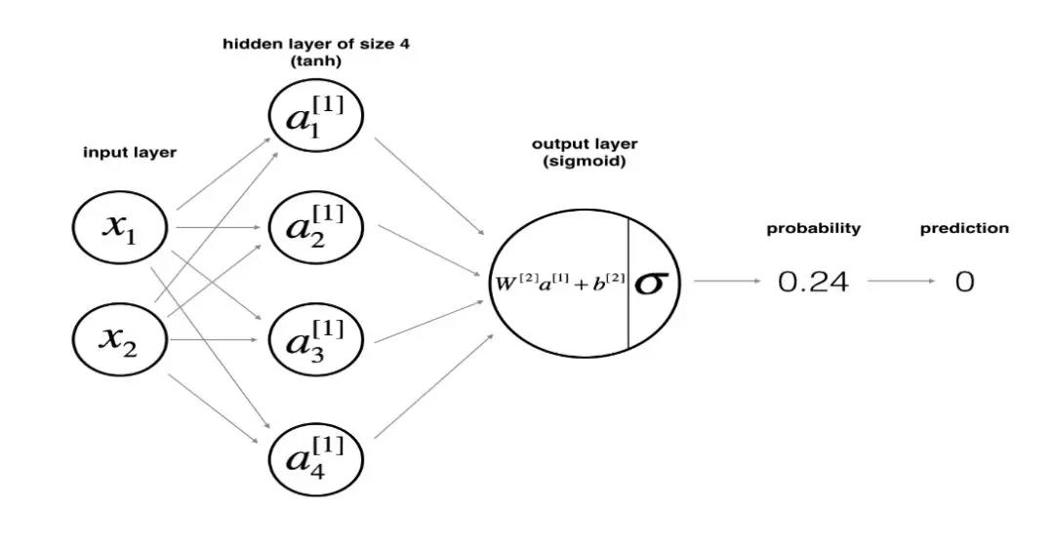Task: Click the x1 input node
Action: click(122, 228)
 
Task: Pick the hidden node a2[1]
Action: click(315, 228)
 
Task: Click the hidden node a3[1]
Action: click(315, 341)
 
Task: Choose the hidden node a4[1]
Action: click(315, 454)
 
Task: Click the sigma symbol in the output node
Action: click(651, 283)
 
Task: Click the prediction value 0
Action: click(964, 283)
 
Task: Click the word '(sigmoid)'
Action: click(584, 161)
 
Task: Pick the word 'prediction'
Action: click(964, 228)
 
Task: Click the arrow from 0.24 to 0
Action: click(900, 281)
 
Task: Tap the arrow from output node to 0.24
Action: click(727, 281)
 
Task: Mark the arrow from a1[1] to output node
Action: click(429, 186)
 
